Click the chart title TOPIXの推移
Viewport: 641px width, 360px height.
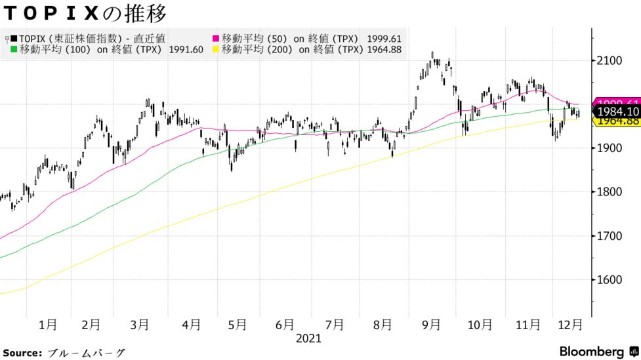click(85, 13)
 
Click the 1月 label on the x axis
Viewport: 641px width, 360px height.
click(48, 324)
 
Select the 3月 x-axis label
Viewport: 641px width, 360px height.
click(140, 324)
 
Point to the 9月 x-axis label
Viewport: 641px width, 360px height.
click(431, 324)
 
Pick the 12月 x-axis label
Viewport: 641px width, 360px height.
click(569, 324)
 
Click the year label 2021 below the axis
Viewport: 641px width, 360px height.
click(308, 338)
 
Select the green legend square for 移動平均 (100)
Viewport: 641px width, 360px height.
click(14, 49)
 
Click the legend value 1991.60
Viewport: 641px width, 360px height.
click(186, 49)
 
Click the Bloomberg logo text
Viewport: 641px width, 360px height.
click(592, 351)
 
